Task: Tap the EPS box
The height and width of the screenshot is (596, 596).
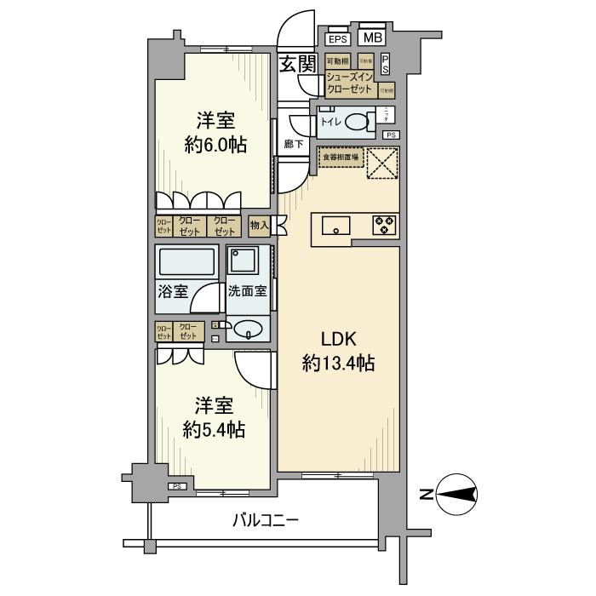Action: [x=338, y=40]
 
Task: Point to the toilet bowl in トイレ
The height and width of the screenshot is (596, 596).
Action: [x=358, y=123]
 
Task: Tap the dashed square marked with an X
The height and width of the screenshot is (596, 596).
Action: [x=383, y=163]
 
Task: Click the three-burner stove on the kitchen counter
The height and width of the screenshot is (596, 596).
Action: [x=384, y=225]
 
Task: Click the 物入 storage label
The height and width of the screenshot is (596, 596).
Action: [x=259, y=226]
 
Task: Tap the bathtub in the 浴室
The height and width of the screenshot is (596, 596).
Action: [x=187, y=261]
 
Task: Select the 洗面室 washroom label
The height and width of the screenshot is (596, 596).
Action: [x=247, y=291]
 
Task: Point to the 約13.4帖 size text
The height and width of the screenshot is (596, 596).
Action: [x=338, y=364]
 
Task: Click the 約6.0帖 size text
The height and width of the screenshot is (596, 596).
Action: [x=215, y=145]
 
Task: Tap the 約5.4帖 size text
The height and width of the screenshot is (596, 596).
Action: [x=215, y=429]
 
